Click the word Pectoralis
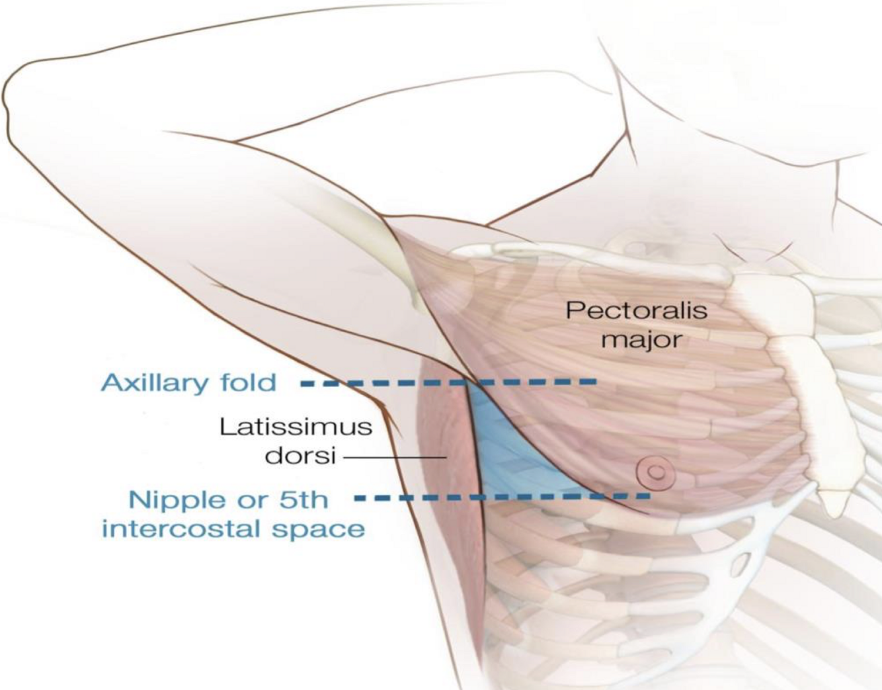pos(636,311)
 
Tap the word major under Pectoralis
pos(641,340)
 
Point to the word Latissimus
pos(296,427)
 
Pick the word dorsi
pos(300,456)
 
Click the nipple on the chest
pos(655,472)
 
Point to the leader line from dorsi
pos(395,457)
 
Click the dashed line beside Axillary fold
pos(450,382)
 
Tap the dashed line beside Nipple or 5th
pos(502,496)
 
